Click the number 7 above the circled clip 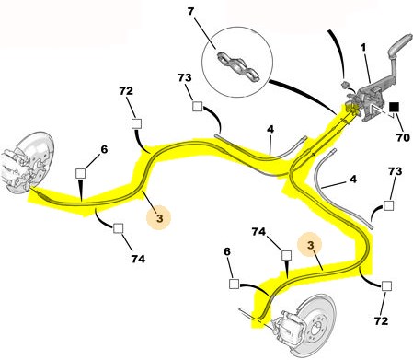(x=190, y=12)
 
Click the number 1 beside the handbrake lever (x=363, y=48)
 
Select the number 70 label (x=403, y=137)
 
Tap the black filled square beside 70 (x=394, y=107)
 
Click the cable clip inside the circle (x=238, y=67)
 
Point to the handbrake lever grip (x=400, y=45)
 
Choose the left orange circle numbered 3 (x=159, y=218)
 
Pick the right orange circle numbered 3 (x=311, y=245)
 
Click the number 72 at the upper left (x=126, y=91)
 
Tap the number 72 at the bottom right (x=381, y=321)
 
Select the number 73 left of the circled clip (x=185, y=78)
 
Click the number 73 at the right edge (x=395, y=171)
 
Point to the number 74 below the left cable (x=138, y=259)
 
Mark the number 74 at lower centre (x=258, y=232)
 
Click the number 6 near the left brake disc (x=104, y=149)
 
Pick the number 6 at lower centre (x=227, y=251)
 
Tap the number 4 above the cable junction (x=270, y=129)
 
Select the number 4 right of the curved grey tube (x=353, y=179)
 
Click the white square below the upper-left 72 (x=136, y=124)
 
